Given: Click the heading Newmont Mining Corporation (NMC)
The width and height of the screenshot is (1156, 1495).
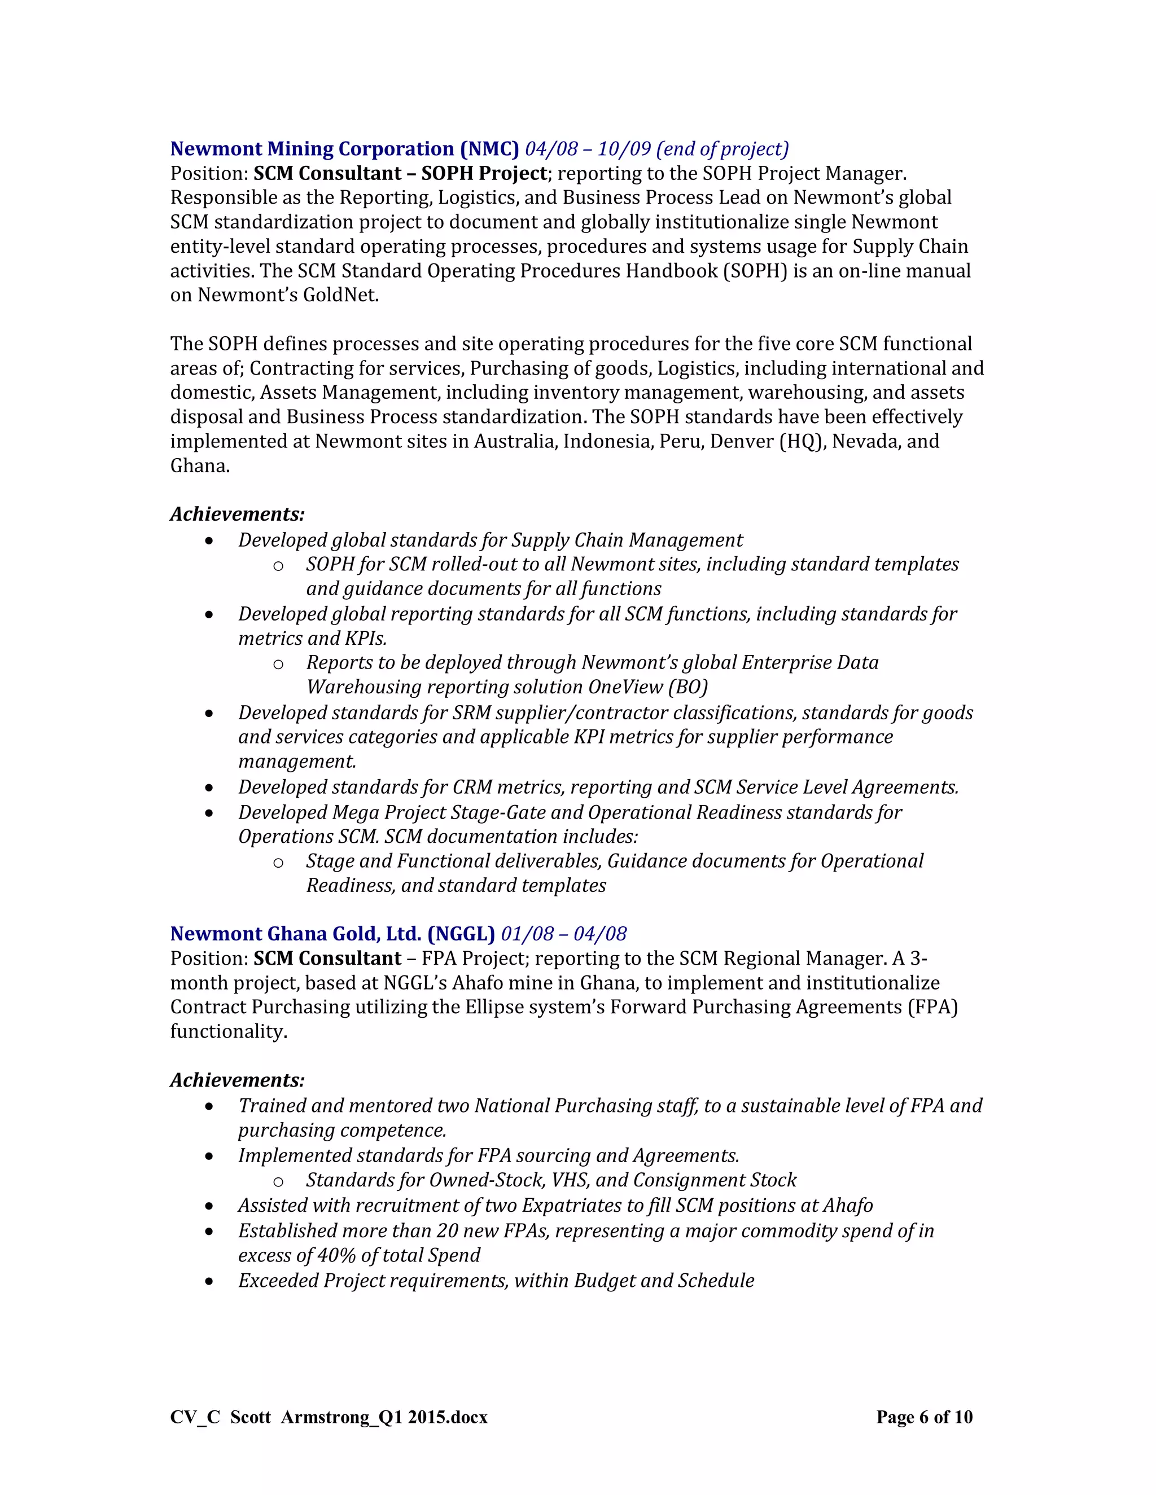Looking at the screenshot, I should pos(344,149).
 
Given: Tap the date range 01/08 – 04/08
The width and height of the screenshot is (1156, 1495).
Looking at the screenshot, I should pos(564,934).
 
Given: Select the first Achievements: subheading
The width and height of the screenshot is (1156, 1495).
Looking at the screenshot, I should pos(237,514).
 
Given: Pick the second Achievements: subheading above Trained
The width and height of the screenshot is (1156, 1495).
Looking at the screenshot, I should pos(237,1080).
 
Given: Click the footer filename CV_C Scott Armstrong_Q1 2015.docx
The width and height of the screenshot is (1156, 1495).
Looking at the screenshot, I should pos(329,1417).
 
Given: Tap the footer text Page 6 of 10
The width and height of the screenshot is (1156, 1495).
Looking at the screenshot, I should pos(924,1417).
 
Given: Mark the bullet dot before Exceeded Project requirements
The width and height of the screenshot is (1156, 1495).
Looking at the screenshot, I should pos(209,1281).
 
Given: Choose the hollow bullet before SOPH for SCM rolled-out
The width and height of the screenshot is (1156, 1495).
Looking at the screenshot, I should pos(278,565).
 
